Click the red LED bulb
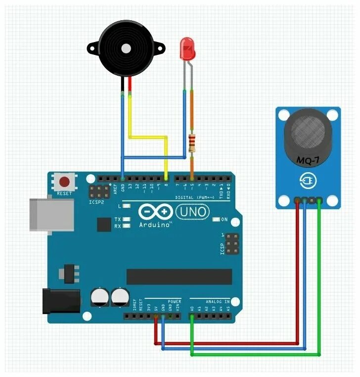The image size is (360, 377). point(187,49)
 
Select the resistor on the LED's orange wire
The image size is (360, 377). point(192,142)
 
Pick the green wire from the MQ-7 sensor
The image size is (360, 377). point(319,277)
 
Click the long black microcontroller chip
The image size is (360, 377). point(179,277)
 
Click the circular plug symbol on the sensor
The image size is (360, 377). point(308,182)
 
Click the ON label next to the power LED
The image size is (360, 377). point(224,219)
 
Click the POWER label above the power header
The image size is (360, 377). point(175,301)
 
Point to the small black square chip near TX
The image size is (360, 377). point(104,226)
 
